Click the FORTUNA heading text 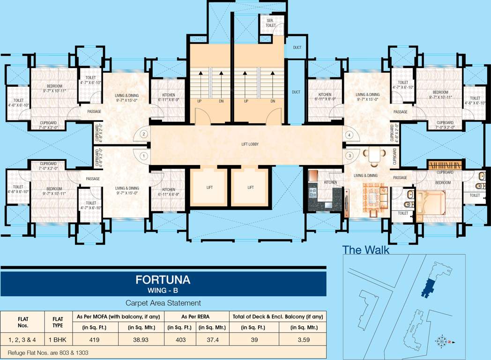pos(163,280)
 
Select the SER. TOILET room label pos(270,24)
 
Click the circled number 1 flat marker pos(144,156)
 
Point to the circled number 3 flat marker pos(349,156)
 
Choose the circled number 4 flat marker pos(349,135)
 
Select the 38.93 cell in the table pos(141,340)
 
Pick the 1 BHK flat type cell pos(55,340)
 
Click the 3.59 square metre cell pos(302,340)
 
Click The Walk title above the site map pos(365,250)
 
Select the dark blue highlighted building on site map pos(428,287)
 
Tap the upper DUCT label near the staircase pos(297,47)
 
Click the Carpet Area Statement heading pos(163,303)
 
